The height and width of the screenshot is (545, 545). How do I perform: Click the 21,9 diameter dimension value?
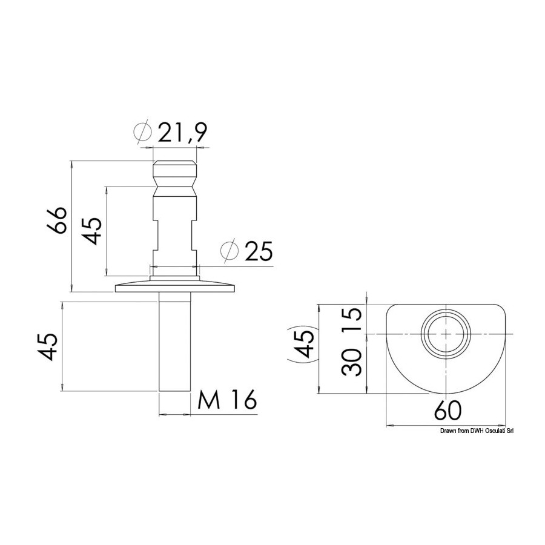182,133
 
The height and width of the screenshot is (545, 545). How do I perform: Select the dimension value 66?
56,220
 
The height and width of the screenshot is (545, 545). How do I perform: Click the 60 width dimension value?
448,411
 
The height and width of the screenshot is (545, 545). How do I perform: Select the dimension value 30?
352,363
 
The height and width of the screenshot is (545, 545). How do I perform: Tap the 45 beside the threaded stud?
47,347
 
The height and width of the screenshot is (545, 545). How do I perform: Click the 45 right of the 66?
91,231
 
